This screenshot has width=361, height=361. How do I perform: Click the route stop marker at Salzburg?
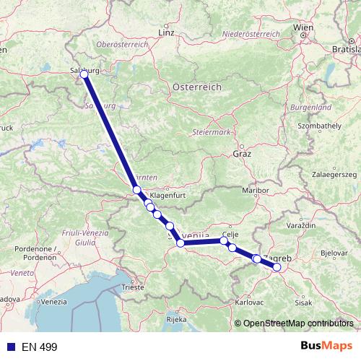pyautogui.click(x=84, y=74)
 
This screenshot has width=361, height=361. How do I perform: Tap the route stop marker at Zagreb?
pyautogui.click(x=277, y=267)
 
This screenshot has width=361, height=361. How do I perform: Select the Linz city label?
pyautogui.click(x=167, y=33)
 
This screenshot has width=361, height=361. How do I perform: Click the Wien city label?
pyautogui.click(x=303, y=28)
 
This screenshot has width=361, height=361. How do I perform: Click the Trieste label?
pyautogui.click(x=132, y=287)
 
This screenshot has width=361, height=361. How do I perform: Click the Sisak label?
pyautogui.click(x=303, y=303)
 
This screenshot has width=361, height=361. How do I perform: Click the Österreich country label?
pyautogui.click(x=196, y=87)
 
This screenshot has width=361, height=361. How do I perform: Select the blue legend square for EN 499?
pyautogui.click(x=10, y=347)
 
